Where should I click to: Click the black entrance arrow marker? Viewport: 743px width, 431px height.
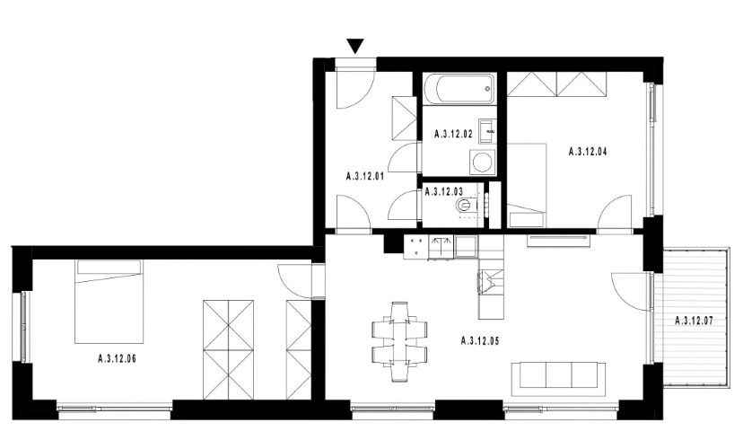tap(355, 46)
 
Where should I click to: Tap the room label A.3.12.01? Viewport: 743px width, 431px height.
tap(365, 177)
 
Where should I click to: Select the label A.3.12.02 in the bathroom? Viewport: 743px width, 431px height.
tap(453, 134)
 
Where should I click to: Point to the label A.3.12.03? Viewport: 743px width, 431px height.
tap(444, 192)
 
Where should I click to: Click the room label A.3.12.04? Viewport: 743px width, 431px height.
tap(588, 152)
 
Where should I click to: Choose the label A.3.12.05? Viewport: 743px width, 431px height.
tap(480, 341)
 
